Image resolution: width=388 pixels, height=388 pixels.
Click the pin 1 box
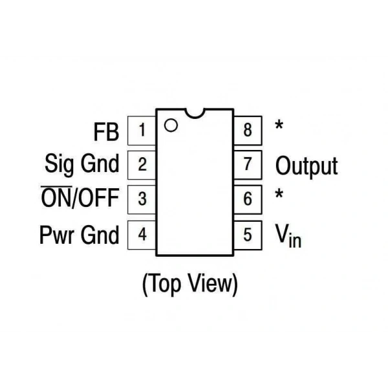(142, 131)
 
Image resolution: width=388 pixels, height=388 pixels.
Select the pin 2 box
(142, 165)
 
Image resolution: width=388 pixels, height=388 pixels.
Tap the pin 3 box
(142, 199)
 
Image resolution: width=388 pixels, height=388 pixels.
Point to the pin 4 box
(142, 235)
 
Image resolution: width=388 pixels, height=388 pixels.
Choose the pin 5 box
(248, 235)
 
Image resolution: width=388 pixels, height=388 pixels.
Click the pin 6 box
(248, 199)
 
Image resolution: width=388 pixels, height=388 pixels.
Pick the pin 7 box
(248, 164)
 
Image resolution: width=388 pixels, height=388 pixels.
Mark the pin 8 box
(248, 131)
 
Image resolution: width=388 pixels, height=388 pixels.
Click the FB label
(107, 132)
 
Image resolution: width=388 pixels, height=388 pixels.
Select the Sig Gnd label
(82, 164)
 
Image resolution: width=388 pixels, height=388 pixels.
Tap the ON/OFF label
(80, 197)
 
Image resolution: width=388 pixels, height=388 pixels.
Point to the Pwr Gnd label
(79, 235)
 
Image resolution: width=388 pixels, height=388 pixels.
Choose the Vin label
(288, 235)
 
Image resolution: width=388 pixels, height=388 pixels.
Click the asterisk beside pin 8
(279, 125)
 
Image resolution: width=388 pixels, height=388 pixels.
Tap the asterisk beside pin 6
(279, 194)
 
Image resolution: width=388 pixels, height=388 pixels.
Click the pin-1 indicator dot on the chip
(171, 125)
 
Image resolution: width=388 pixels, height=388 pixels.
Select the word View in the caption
(210, 283)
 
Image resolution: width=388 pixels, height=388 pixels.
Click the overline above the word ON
(56, 186)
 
